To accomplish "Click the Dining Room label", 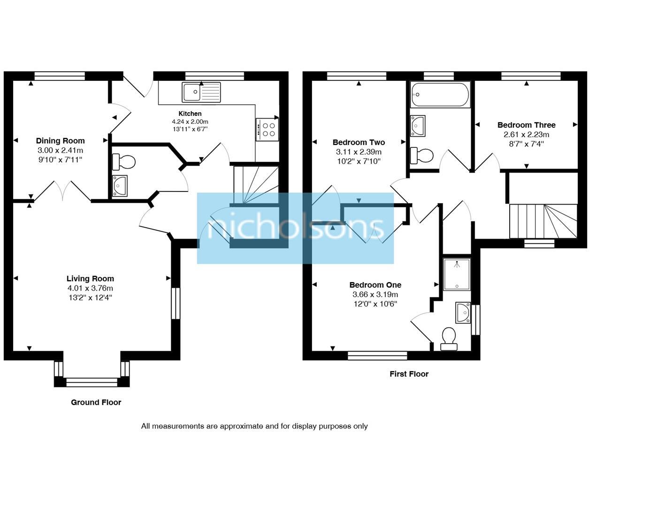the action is click(x=60, y=140).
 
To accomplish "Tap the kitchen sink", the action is click(x=201, y=92).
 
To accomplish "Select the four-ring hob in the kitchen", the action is click(x=267, y=130).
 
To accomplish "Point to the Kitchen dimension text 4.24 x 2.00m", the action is click(x=190, y=122).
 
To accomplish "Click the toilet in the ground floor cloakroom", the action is click(x=124, y=162).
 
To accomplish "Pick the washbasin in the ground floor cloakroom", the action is click(x=120, y=186).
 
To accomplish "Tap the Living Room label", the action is click(x=90, y=278).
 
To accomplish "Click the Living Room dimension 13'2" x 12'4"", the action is click(x=90, y=298).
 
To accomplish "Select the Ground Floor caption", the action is click(x=96, y=402).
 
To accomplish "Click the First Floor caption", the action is click(x=409, y=374).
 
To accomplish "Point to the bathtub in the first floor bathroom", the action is click(x=440, y=94).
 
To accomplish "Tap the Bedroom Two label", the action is click(x=359, y=142).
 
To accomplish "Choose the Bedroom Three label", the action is click(x=527, y=125).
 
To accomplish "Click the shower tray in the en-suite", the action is click(x=457, y=275).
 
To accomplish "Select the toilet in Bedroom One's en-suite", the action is click(x=449, y=339).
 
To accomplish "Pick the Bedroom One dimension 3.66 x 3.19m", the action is click(x=375, y=294).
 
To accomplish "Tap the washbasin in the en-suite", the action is click(x=463, y=312).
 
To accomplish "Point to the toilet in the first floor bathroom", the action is click(x=422, y=156).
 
